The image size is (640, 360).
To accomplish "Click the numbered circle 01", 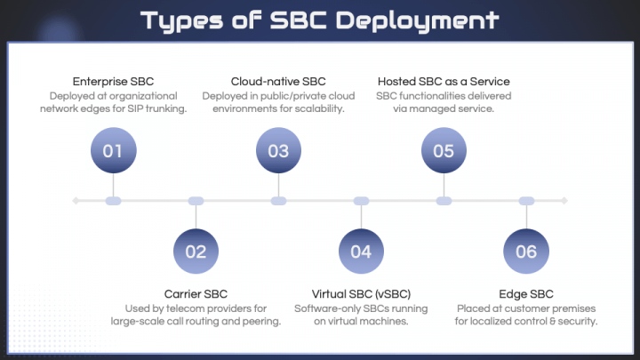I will click(x=113, y=150).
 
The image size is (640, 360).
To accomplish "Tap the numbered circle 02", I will click(x=196, y=251).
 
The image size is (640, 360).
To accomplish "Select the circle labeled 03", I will click(x=278, y=150).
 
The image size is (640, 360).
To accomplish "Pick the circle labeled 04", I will click(x=361, y=251).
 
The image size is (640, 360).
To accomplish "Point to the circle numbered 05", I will click(x=444, y=150).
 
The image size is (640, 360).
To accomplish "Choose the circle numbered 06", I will click(x=526, y=251).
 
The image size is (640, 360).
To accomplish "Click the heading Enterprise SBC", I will click(x=113, y=82).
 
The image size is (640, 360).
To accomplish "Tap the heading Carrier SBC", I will click(x=196, y=294).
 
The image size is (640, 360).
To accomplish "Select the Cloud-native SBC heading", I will click(x=278, y=82).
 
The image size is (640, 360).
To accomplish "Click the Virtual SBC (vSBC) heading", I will click(x=361, y=294).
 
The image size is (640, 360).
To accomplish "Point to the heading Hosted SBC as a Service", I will click(x=444, y=82).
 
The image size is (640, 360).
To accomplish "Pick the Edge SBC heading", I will click(x=526, y=294).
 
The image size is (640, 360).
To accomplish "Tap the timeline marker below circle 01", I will click(x=113, y=201).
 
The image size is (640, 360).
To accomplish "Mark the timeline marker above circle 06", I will click(x=526, y=201).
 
